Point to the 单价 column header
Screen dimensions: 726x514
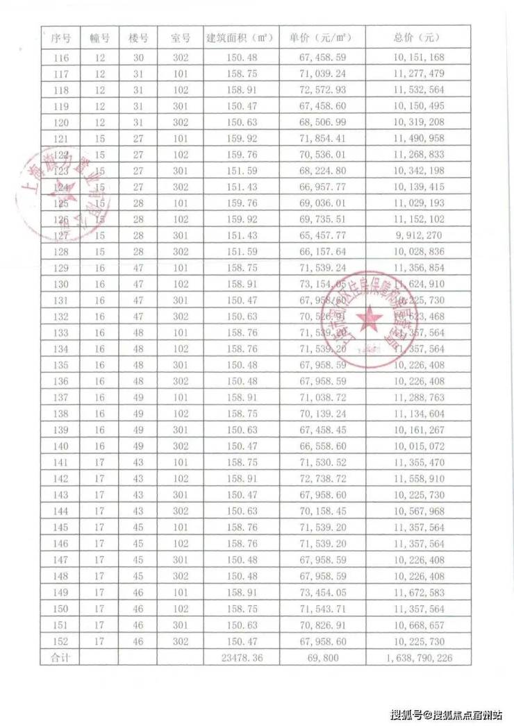(322, 37)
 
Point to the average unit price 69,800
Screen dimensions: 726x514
(322, 657)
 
